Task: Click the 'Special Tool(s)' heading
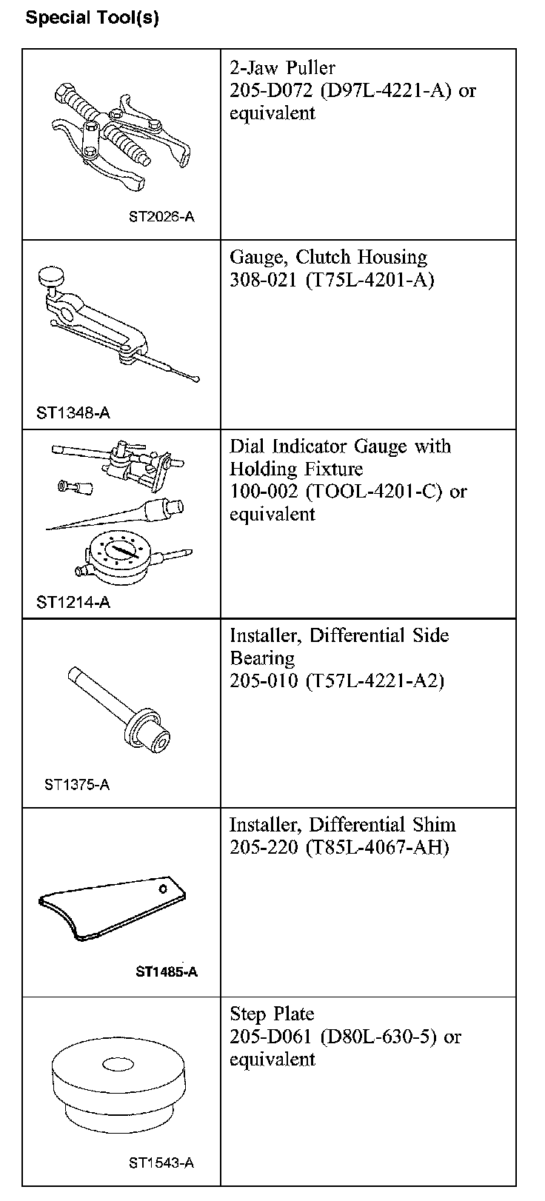[x=92, y=19]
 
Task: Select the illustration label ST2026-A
[x=161, y=218]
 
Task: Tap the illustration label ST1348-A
[x=73, y=412]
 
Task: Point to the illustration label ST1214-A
[x=73, y=602]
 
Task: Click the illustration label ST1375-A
[x=77, y=785]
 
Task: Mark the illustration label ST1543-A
[x=161, y=1162]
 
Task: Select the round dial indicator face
[x=119, y=552]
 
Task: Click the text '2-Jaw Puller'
[x=282, y=68]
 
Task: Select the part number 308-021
[x=264, y=280]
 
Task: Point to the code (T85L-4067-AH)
[x=377, y=847]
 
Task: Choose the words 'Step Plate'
[x=272, y=1014]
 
